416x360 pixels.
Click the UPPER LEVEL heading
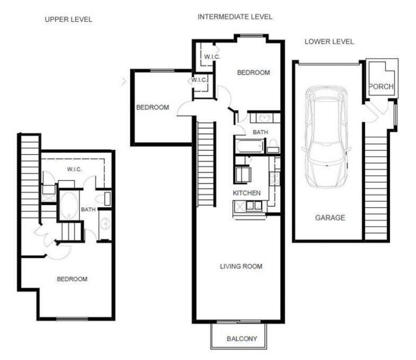pyautogui.click(x=69, y=20)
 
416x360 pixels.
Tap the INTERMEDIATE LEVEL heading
pyautogui.click(x=235, y=17)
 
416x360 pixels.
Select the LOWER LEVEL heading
pyautogui.click(x=329, y=42)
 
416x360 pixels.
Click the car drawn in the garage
pyautogui.click(x=327, y=137)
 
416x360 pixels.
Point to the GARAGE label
pyautogui.click(x=330, y=218)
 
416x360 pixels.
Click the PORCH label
pyautogui.click(x=381, y=86)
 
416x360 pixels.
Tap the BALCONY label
pyautogui.click(x=242, y=339)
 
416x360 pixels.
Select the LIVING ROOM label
pyautogui.click(x=241, y=267)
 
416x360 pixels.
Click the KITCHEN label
pyautogui.click(x=246, y=193)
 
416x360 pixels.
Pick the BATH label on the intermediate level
pyautogui.click(x=260, y=133)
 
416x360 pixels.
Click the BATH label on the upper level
pyautogui.click(x=88, y=210)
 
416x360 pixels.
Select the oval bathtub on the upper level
pyautogui.click(x=68, y=207)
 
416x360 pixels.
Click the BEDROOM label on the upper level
pyautogui.click(x=72, y=279)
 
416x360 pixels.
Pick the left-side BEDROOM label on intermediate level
pyautogui.click(x=152, y=108)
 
